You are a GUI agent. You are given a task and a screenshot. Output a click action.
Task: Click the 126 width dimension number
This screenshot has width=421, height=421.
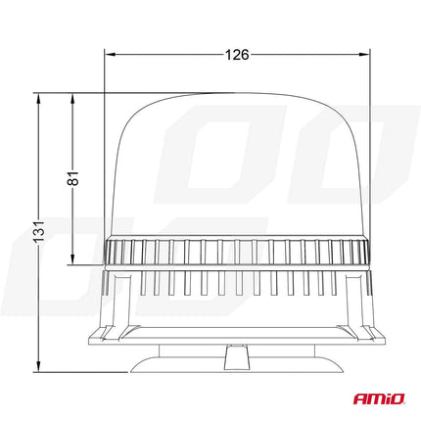pos(236,55)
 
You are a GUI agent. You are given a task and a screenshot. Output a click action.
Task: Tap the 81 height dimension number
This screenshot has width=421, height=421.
pos(72,178)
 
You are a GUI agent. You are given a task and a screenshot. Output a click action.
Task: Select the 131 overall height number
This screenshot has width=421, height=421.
pos(35,234)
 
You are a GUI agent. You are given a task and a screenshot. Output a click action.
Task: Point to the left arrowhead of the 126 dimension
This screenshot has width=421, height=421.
pos(109,55)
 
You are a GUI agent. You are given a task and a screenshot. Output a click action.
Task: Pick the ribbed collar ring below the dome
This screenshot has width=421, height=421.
pos(236,252)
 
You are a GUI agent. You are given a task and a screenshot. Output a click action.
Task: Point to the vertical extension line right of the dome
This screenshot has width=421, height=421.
pos(368,147)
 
